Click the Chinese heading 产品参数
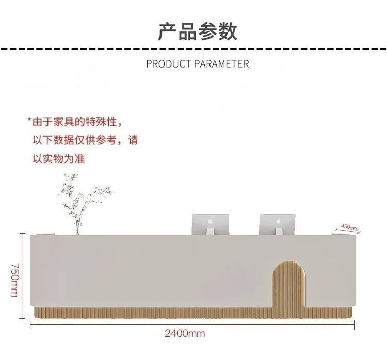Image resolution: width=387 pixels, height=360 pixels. (198, 31)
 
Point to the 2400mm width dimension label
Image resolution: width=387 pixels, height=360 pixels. (185, 334)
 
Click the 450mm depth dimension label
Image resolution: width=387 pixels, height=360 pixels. (349, 227)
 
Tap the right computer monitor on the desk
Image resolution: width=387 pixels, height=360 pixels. (278, 222)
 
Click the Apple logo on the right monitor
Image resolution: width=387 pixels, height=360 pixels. (278, 221)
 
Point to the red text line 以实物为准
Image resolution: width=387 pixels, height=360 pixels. (58, 159)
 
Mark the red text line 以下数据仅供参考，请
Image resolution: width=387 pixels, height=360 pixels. (85, 140)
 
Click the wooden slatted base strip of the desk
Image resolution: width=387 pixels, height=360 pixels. (155, 312)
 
